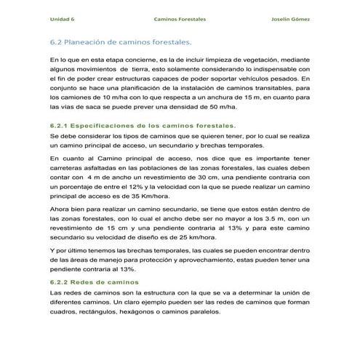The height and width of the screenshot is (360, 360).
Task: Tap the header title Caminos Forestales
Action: tap(176, 19)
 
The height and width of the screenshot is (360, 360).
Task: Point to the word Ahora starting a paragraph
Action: tap(60, 207)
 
